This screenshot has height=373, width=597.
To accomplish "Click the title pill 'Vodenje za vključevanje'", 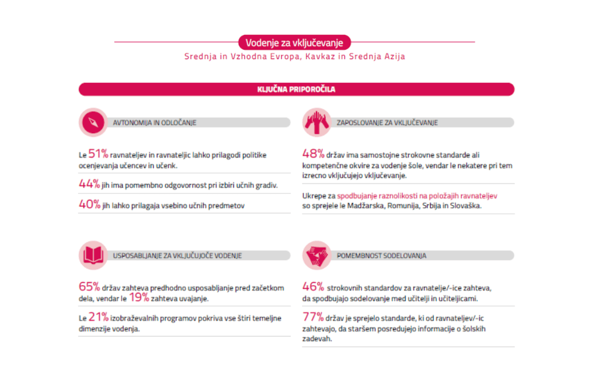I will click(x=295, y=43).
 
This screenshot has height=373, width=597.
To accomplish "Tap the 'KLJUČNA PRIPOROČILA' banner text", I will click(x=296, y=90).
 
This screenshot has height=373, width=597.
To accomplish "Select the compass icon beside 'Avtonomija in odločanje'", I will click(x=93, y=122).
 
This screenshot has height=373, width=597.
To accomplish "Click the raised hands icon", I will click(x=317, y=122).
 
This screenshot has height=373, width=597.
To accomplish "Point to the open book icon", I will click(x=93, y=255).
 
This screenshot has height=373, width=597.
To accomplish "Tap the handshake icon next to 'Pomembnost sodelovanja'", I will click(x=317, y=255).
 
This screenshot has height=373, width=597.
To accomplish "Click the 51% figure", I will click(x=98, y=155).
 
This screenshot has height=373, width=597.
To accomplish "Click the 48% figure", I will click(x=313, y=155).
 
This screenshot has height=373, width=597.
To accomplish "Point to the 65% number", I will click(x=89, y=287).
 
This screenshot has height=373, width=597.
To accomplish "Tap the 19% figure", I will click(x=139, y=298).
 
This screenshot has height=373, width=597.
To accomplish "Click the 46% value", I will click(x=313, y=287).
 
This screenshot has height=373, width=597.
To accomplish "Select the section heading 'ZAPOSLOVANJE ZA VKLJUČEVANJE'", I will click(x=387, y=123).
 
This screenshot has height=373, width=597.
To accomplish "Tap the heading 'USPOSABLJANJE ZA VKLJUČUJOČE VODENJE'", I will click(x=177, y=256).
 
